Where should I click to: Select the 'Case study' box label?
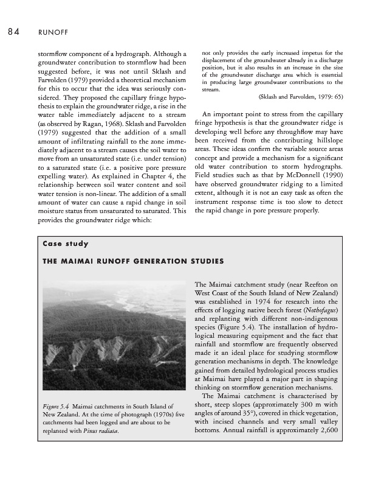tap(66, 244)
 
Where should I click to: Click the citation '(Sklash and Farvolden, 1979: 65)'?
tap(300, 96)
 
